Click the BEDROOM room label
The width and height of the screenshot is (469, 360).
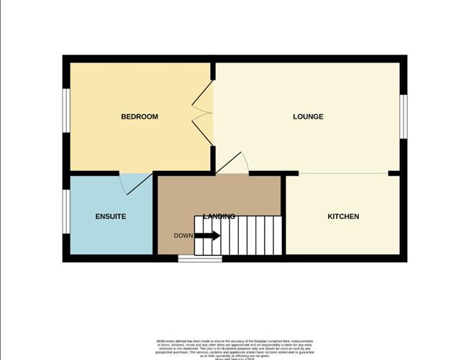(139, 116)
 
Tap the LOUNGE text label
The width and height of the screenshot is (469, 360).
(308, 116)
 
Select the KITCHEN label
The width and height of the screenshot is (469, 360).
(343, 216)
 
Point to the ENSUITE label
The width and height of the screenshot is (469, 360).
(111, 216)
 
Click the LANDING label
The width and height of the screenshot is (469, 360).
(219, 216)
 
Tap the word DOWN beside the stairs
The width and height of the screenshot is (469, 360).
(183, 235)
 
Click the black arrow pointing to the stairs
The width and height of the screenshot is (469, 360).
(208, 235)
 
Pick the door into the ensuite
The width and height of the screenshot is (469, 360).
(136, 184)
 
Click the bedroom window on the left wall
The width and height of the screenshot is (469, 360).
(65, 111)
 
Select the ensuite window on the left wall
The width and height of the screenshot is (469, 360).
(65, 211)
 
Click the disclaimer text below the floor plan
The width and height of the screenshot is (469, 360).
(234, 346)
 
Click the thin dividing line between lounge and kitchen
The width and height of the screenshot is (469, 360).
(343, 173)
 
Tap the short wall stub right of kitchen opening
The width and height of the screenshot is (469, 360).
(394, 173)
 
